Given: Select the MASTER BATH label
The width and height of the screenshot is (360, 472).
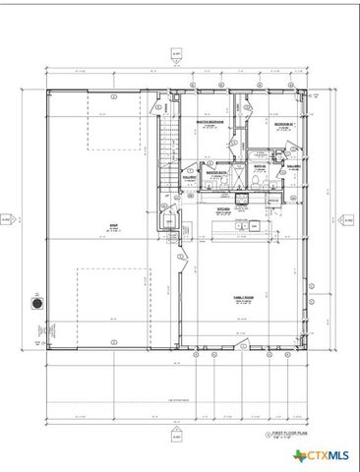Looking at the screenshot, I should (217, 171).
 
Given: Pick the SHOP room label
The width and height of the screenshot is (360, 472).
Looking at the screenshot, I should (113, 226).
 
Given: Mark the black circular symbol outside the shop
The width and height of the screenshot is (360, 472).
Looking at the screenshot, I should (37, 304).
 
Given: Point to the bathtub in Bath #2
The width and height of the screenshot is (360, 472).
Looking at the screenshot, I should (263, 153).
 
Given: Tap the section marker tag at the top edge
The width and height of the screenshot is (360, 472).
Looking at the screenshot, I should (177, 56).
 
